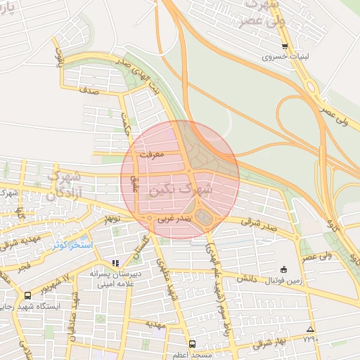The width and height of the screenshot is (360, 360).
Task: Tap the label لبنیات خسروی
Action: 285,57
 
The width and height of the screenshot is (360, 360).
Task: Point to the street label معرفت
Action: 152,152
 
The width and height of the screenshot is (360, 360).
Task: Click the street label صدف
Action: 89,90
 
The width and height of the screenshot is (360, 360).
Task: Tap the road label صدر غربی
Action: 173,219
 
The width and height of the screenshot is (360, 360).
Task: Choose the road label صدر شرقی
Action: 259,225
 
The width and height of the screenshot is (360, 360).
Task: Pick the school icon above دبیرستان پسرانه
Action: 116,264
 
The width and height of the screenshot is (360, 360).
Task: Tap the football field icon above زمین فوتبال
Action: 283,269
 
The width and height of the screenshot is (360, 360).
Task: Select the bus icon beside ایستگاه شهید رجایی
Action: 27,296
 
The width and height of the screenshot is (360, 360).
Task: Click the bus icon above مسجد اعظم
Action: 193,345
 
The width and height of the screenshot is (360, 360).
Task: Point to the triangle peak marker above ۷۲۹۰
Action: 311,329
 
